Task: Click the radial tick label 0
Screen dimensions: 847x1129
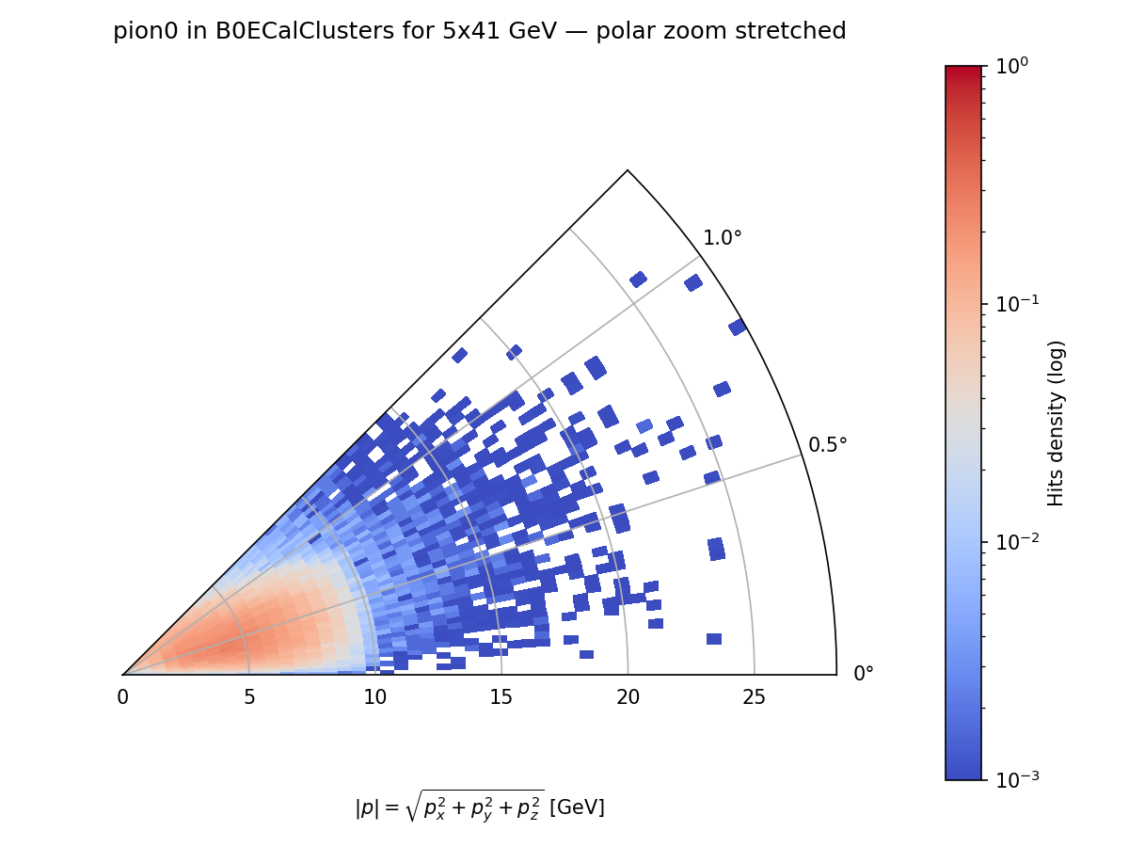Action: (122, 697)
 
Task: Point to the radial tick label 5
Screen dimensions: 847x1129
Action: (248, 697)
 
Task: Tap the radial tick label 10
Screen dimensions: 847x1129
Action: (374, 697)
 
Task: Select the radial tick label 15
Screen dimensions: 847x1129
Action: (501, 697)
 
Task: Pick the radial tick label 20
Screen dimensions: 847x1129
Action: (628, 697)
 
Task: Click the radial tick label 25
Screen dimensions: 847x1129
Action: (754, 697)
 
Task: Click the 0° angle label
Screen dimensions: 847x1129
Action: (864, 674)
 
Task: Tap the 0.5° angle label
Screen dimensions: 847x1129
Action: (828, 444)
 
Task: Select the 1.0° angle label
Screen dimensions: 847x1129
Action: (723, 238)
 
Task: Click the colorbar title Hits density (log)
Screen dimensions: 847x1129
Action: (1057, 423)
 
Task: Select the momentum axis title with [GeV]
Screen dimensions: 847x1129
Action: (480, 806)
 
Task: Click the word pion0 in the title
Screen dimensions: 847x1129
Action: (141, 32)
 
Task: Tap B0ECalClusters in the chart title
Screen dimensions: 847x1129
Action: (276, 32)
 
